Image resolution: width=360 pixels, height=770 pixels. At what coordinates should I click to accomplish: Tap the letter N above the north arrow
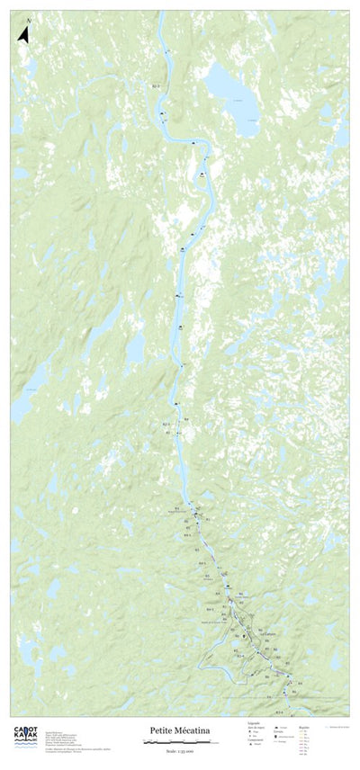click(29, 21)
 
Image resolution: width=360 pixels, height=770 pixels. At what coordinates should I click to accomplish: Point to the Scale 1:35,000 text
click(176, 748)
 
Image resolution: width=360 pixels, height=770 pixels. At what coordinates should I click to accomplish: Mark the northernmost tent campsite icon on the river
click(162, 114)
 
